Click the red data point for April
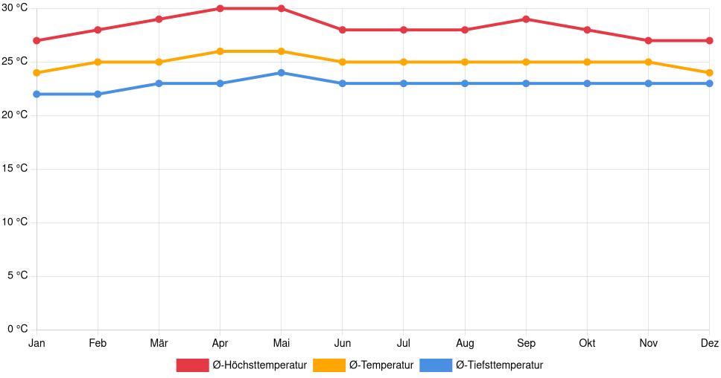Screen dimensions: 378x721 click(x=220, y=8)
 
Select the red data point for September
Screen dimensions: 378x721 click(x=526, y=19)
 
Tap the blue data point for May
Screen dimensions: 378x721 click(x=281, y=73)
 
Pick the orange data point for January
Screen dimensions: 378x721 click(x=36, y=73)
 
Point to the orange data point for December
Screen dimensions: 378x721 click(x=709, y=73)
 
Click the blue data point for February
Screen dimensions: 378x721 click(x=98, y=94)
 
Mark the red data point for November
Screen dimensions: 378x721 click(x=648, y=40)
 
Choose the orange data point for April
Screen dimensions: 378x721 click(x=220, y=51)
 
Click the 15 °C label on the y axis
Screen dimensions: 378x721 click(x=16, y=169)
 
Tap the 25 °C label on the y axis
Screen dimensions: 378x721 click(x=16, y=62)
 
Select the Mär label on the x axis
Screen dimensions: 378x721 click(x=159, y=343)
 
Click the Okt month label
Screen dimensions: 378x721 click(x=587, y=343)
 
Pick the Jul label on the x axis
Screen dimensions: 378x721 click(x=403, y=343)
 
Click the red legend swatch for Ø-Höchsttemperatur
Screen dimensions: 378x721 click(x=192, y=365)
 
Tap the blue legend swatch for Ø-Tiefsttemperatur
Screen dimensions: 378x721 click(x=436, y=365)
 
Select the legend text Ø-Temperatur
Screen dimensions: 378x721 click(x=381, y=365)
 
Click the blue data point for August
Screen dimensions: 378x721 click(x=465, y=83)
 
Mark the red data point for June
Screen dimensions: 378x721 click(x=342, y=30)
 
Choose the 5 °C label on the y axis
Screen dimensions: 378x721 click(x=18, y=276)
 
